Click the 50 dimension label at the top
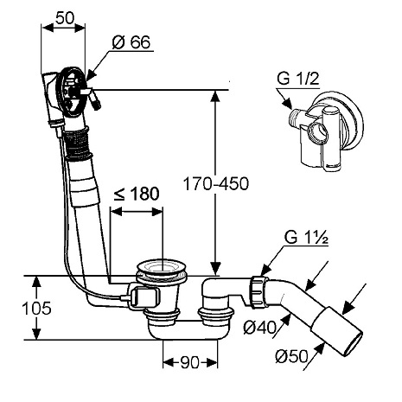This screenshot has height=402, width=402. pos(65,18)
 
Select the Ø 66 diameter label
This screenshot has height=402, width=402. pos(131,42)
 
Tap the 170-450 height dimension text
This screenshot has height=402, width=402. pos(216,183)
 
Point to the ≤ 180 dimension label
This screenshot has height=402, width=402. pos(137,194)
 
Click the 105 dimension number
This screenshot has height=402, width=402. pos(36,308)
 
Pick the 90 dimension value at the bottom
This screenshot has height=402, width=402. pos(190,362)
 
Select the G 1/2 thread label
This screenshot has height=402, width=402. pos(298,79)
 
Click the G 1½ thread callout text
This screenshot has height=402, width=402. pos(306,238)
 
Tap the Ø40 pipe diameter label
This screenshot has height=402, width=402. pos(259,327)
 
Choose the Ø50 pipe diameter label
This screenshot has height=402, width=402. pos(291,356)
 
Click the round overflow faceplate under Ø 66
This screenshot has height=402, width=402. pos(72,92)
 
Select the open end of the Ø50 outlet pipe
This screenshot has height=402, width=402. pos(353,343)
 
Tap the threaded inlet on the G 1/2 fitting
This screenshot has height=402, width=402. pos(293,118)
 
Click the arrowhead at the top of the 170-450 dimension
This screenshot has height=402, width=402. pos(215,96)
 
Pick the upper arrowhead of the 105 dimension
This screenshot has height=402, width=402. pos(35,282)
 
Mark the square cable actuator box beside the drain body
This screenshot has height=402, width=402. pos(144,297)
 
